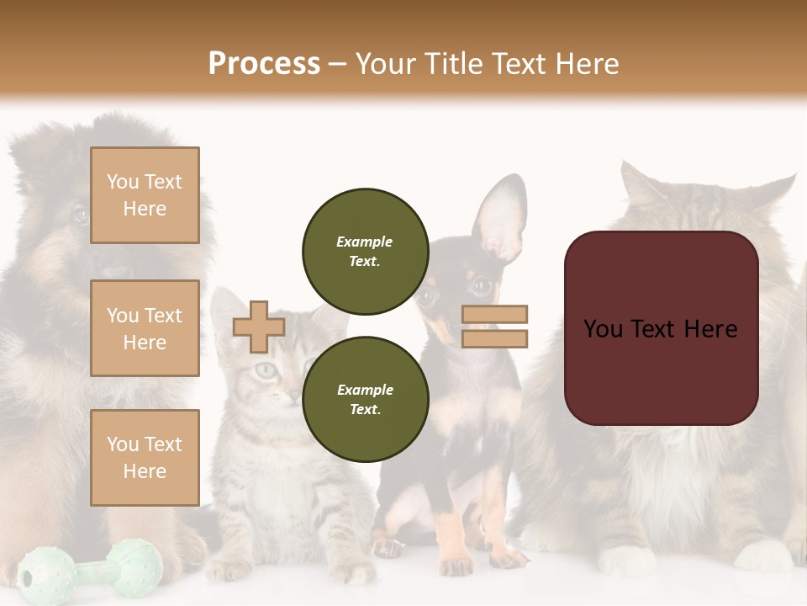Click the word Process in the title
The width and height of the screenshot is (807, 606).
(x=264, y=63)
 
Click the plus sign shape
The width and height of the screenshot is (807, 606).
(x=258, y=327)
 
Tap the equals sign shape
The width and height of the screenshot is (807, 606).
(x=494, y=327)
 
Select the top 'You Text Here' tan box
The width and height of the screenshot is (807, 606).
(x=145, y=195)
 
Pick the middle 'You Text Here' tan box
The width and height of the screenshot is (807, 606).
(x=145, y=328)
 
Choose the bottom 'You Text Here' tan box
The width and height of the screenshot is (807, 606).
(x=145, y=458)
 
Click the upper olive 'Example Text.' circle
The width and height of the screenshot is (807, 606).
(x=365, y=251)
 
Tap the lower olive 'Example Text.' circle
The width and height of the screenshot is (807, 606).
(x=365, y=399)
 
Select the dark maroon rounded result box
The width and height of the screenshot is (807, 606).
(x=661, y=328)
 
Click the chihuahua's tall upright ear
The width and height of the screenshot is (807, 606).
(x=501, y=219)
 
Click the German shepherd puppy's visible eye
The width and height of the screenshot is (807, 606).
(x=79, y=215)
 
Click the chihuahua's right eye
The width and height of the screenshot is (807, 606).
(x=480, y=288)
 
